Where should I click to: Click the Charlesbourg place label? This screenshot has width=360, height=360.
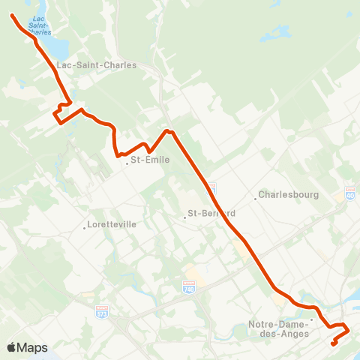(x=289, y=194)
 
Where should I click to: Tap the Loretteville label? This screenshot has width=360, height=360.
(x=112, y=224)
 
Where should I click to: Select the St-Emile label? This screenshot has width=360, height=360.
(x=150, y=159)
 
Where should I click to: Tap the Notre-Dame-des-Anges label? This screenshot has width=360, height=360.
(x=278, y=329)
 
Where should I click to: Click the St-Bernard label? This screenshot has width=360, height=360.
(x=212, y=212)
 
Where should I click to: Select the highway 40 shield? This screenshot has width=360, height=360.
(x=350, y=193)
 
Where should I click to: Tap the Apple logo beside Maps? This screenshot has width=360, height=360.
(x=13, y=347)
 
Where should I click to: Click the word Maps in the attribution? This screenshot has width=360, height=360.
(x=33, y=347)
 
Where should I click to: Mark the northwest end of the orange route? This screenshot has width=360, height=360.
(x=13, y=14)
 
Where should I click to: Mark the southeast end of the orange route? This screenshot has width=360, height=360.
(x=334, y=344)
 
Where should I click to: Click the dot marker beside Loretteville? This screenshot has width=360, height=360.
(x=85, y=228)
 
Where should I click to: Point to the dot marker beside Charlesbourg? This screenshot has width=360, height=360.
(x=255, y=199)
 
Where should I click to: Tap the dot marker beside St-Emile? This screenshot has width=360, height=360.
(x=127, y=163)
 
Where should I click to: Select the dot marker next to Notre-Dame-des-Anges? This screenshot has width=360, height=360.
(x=312, y=319)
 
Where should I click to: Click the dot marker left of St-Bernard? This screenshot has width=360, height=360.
(x=184, y=217)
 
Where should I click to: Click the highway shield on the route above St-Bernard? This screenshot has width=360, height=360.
(x=212, y=186)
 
